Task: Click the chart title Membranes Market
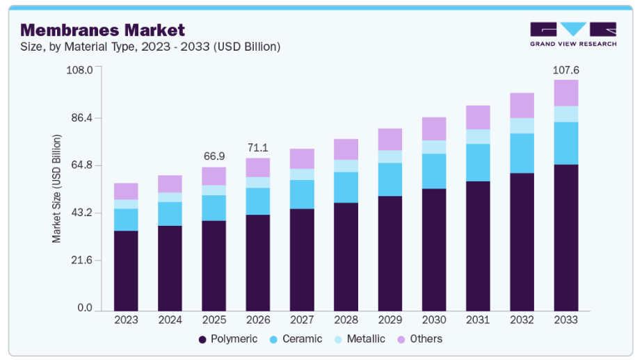(102, 30)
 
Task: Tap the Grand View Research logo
(572, 34)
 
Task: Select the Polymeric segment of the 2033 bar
(566, 237)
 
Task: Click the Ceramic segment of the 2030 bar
(434, 171)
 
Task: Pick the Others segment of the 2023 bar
(126, 191)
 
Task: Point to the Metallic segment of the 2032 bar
(522, 126)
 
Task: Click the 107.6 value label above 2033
(566, 70)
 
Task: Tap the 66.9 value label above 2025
(214, 157)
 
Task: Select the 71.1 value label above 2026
(257, 148)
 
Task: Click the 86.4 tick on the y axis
(80, 118)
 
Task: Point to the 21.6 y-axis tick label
(80, 261)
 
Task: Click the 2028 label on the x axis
(346, 320)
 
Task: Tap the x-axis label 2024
(170, 320)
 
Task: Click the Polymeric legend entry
(227, 339)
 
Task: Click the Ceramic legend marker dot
(273, 339)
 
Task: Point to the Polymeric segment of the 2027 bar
(302, 259)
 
